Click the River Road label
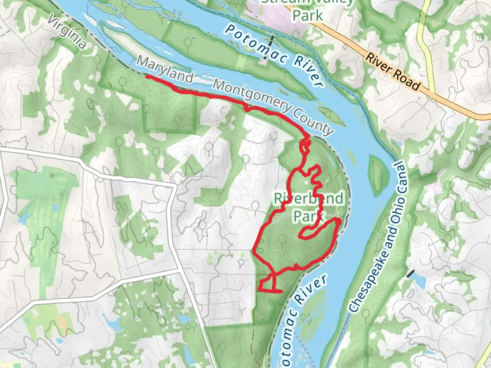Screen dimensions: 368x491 pos(392,72)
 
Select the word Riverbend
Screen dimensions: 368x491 pos(309,198)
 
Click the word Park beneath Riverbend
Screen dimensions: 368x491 pos(308,216)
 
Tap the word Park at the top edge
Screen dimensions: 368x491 pos(308,15)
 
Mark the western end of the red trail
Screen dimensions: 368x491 pos(147,77)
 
